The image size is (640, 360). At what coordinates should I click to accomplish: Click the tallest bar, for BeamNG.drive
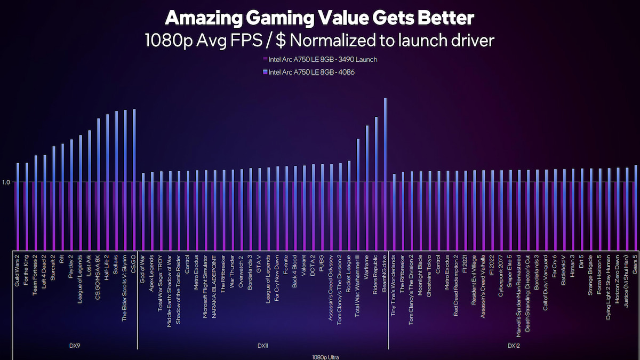(385, 171)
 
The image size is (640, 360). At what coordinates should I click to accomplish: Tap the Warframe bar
(367, 187)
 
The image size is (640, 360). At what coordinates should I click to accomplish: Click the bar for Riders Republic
(376, 181)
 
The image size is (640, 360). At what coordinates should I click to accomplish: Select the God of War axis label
(143, 267)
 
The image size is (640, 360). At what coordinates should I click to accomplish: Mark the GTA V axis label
(259, 263)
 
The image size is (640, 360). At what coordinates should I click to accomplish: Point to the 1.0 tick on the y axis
(6, 182)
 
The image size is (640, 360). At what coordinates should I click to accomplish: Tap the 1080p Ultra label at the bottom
(325, 356)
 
